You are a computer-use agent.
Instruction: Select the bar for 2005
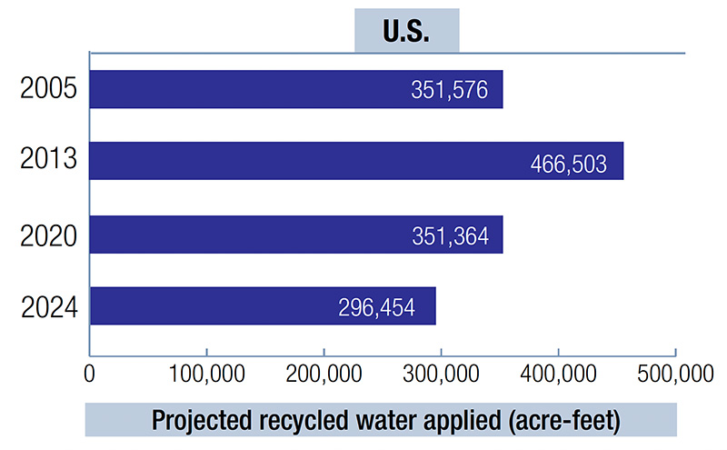pyautogui.click(x=295, y=89)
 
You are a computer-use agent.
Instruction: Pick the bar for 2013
pyautogui.click(x=356, y=161)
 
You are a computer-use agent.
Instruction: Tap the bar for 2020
pyautogui.click(x=295, y=235)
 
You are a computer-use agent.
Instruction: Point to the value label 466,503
pyautogui.click(x=569, y=164)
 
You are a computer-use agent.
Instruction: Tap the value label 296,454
pyautogui.click(x=374, y=308)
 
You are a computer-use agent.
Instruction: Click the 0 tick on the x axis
pyautogui.click(x=89, y=375)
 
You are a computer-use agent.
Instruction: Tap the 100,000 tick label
pyautogui.click(x=207, y=375)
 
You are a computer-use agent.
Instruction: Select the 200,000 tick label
pyautogui.click(x=324, y=375)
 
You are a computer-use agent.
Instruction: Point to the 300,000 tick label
pyautogui.click(x=442, y=375)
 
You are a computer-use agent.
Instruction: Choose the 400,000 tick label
pyautogui.click(x=559, y=375)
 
